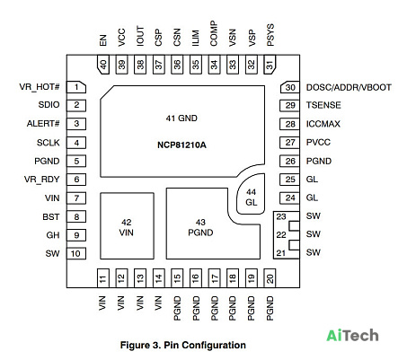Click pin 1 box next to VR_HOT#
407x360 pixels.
pos(76,87)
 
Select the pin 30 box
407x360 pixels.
pos(290,87)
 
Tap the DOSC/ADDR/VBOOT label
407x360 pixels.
pos(349,87)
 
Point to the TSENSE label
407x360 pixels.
pos(323,105)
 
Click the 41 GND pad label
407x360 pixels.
pos(181,119)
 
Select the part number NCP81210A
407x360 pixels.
pos(181,145)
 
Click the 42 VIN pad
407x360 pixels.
pos(127,226)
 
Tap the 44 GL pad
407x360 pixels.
pos(251,194)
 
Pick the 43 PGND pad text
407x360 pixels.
pos(200,227)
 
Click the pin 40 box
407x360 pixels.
pos(103,65)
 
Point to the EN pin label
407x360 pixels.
pos(102,40)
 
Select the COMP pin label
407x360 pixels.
pos(214,33)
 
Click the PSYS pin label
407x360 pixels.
pos(270,35)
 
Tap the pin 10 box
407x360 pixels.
pos(76,253)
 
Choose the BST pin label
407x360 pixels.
pos(51,216)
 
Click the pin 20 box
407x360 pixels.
pos(270,278)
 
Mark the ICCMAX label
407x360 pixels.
pos(323,124)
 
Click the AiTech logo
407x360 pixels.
pos(352,335)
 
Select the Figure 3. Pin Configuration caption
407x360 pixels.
pos(183,345)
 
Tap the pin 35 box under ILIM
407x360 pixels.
pos(196,65)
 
